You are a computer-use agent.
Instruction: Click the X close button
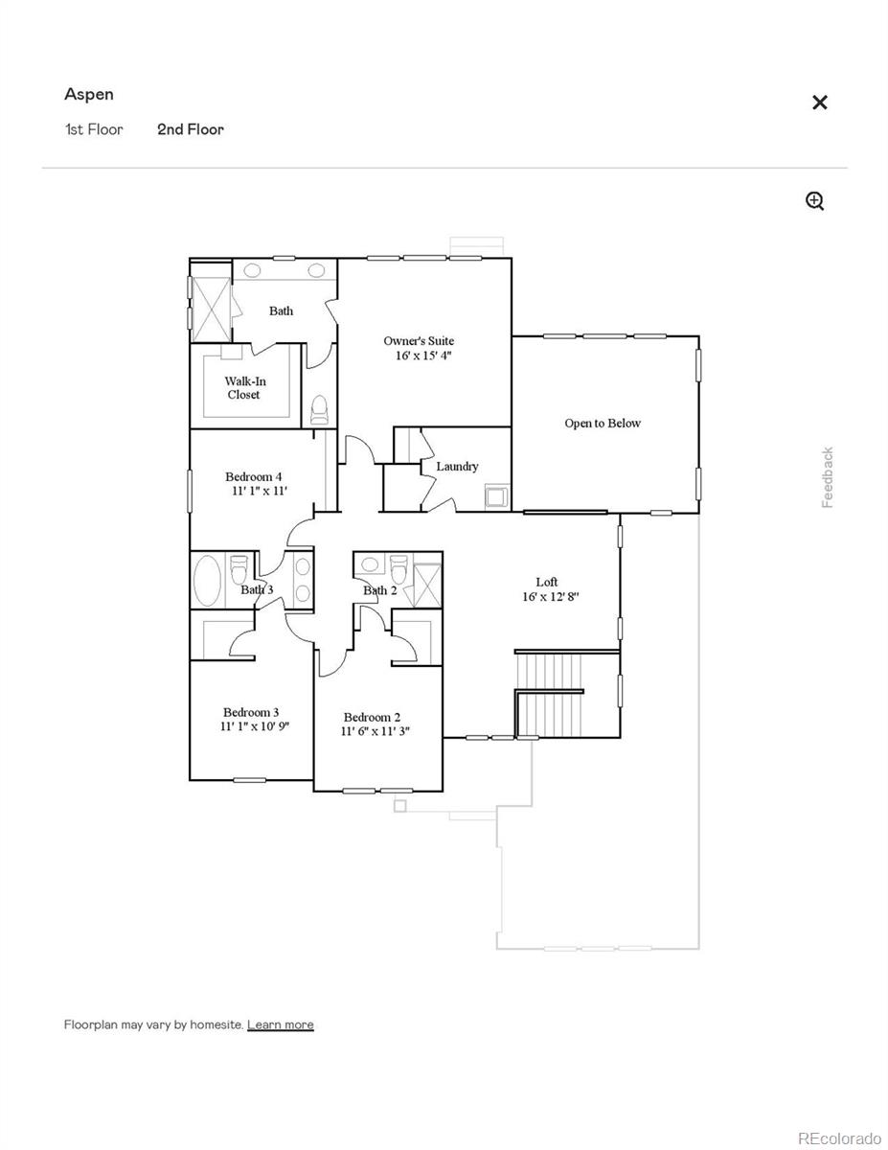pos(819,103)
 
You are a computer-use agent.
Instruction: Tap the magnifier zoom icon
pos(814,200)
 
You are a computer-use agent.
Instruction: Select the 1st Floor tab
pos(94,129)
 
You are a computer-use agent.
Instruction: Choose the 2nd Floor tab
pos(191,129)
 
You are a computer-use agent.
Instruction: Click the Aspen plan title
pos(89,94)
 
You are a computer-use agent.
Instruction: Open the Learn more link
pos(280,1024)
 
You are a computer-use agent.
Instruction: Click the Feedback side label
pos(828,477)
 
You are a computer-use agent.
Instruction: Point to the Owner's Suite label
pos(419,341)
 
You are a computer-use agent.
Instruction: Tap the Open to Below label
pos(603,423)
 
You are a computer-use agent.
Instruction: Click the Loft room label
pos(546,582)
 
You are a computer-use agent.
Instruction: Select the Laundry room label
pos(457,467)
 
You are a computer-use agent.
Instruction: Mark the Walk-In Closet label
pos(244,387)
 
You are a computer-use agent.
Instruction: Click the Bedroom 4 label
pos(253,476)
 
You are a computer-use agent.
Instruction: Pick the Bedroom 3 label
pos(251,712)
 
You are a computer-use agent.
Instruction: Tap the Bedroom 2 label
pos(372,717)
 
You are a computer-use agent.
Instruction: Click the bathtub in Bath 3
pos(207,581)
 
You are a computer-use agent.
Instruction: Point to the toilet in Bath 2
pos(398,567)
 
